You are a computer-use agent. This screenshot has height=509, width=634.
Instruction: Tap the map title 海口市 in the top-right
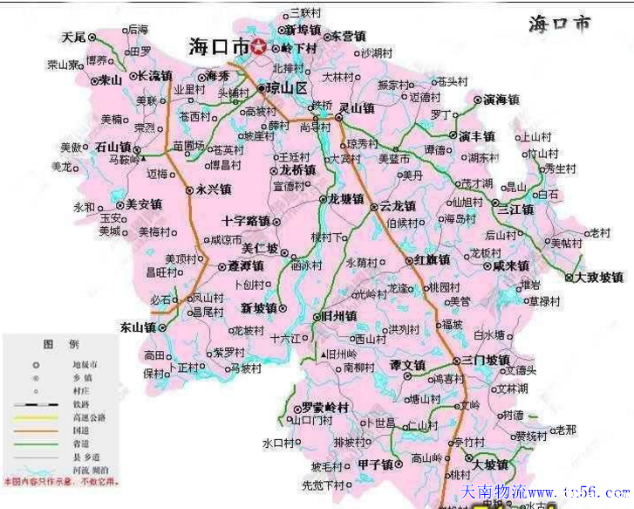(559, 24)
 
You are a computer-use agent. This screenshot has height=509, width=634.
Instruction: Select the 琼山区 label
(289, 89)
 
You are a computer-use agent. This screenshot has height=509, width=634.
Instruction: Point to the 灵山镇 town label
(357, 109)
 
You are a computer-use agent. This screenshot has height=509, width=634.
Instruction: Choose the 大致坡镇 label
(599, 278)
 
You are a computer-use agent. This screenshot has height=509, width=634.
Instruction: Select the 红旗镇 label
(432, 260)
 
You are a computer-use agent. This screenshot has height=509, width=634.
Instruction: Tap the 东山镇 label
(137, 327)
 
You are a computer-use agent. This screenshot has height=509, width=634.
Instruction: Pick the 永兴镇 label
(214, 189)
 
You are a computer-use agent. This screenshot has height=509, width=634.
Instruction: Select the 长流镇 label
(156, 76)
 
